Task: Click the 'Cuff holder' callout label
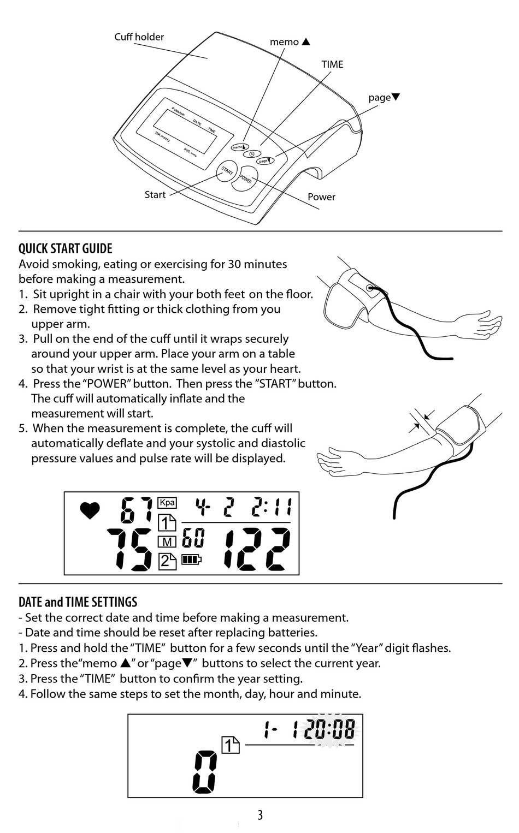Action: pyautogui.click(x=139, y=37)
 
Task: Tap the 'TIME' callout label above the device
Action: pyautogui.click(x=332, y=64)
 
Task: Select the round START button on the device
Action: pyautogui.click(x=227, y=171)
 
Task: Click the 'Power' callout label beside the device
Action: pyautogui.click(x=321, y=197)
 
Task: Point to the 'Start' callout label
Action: pyautogui.click(x=155, y=195)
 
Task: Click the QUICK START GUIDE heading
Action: pyautogui.click(x=66, y=249)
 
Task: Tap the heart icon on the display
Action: pyautogui.click(x=90, y=511)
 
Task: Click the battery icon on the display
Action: pyautogui.click(x=191, y=560)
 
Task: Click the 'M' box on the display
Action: pyautogui.click(x=167, y=542)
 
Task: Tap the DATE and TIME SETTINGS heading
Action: pyautogui.click(x=78, y=603)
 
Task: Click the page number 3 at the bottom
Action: pyautogui.click(x=260, y=816)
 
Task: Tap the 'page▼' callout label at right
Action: pyautogui.click(x=384, y=98)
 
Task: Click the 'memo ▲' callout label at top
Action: pyautogui.click(x=290, y=42)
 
